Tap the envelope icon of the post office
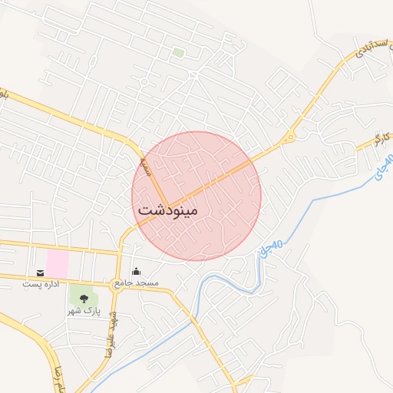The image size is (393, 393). click(40, 273)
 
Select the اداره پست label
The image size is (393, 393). click(40, 285)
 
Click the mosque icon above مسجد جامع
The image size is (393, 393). click(137, 271)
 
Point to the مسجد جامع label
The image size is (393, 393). click(137, 283)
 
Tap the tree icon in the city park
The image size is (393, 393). click(83, 299)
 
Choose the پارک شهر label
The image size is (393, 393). click(83, 311)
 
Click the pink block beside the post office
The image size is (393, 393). click(57, 264)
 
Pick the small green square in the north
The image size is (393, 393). click(178, 53)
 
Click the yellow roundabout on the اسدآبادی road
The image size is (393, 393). click(289, 138)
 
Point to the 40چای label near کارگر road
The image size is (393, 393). click(383, 167)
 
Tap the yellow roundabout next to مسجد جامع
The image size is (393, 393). click(117, 279)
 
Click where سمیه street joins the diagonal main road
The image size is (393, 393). click(169, 206)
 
